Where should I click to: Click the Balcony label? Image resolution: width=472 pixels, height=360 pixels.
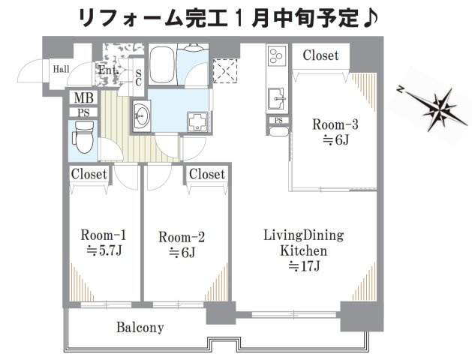click(x=140, y=328)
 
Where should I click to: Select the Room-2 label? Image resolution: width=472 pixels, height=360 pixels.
click(x=182, y=238)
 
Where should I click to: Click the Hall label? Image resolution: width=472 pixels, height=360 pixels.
click(x=62, y=70)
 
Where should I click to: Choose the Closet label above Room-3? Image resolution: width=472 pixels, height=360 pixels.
click(x=320, y=55)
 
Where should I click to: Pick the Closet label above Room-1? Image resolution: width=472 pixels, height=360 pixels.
click(x=89, y=174)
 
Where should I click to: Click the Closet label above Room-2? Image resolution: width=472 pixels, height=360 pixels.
click(x=207, y=174)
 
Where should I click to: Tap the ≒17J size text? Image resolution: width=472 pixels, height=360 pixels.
click(x=303, y=265)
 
